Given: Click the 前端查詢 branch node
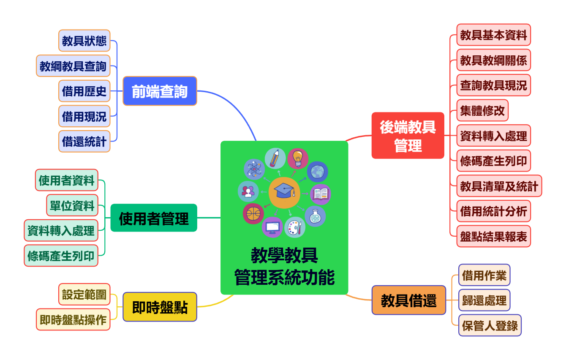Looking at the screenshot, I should [x=160, y=91].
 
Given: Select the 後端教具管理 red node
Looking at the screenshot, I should [x=408, y=136].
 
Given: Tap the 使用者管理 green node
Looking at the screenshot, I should [x=154, y=218].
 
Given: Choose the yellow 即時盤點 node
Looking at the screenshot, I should [x=160, y=307].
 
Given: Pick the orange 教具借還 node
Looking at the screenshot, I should [x=408, y=300].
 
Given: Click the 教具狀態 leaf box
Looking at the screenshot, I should [x=84, y=41].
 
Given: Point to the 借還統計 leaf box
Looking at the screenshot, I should [x=84, y=141].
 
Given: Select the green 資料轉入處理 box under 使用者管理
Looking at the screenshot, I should [x=61, y=230].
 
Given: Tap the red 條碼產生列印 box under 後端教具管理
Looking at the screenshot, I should [x=493, y=161].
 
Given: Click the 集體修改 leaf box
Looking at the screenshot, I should [x=482, y=110].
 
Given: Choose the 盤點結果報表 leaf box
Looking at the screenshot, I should [x=493, y=236].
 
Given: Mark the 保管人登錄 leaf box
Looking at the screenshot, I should [x=490, y=325].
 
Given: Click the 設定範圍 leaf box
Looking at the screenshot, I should [x=84, y=294].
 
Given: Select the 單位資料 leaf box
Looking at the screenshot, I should [x=72, y=205].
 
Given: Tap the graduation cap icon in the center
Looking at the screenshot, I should [x=284, y=193].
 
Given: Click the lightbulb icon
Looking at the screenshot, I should [x=298, y=158].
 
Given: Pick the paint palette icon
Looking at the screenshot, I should [x=294, y=227].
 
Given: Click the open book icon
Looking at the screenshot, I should [x=321, y=194].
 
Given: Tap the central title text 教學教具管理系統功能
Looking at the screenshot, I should [x=284, y=267].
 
